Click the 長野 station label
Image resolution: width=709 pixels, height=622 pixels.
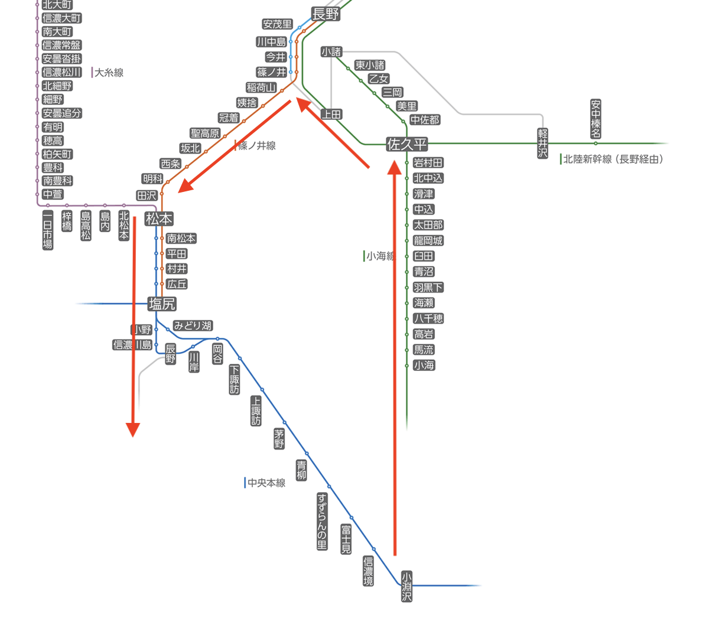pyautogui.click(x=326, y=14)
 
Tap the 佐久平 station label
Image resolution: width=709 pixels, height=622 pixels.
pyautogui.click(x=406, y=144)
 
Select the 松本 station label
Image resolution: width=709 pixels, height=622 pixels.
pyautogui.click(x=159, y=219)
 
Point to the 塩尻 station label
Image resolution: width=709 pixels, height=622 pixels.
pyautogui.click(x=162, y=304)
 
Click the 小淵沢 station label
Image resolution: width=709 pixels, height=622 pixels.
pyautogui.click(x=406, y=586)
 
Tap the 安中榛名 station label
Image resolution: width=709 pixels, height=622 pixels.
pyautogui.click(x=596, y=119)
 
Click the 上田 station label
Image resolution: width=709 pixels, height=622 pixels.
pyautogui.click(x=331, y=115)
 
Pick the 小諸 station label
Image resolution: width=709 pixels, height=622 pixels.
pyautogui.click(x=331, y=52)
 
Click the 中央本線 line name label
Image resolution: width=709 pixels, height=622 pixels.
pyautogui.click(x=266, y=483)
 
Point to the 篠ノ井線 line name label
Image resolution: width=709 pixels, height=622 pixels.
pyautogui.click(x=257, y=145)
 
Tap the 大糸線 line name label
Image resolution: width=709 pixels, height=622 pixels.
pyautogui.click(x=109, y=73)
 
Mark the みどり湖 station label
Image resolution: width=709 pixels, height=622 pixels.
pyautogui.click(x=192, y=326)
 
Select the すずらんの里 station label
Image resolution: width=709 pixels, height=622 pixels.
pyautogui.click(x=322, y=521)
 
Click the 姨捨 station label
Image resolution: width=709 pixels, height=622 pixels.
pyautogui.click(x=247, y=103)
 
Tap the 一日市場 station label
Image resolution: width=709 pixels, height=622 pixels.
pyautogui.click(x=48, y=230)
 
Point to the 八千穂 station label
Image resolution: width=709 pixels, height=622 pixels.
pyautogui.click(x=428, y=318)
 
